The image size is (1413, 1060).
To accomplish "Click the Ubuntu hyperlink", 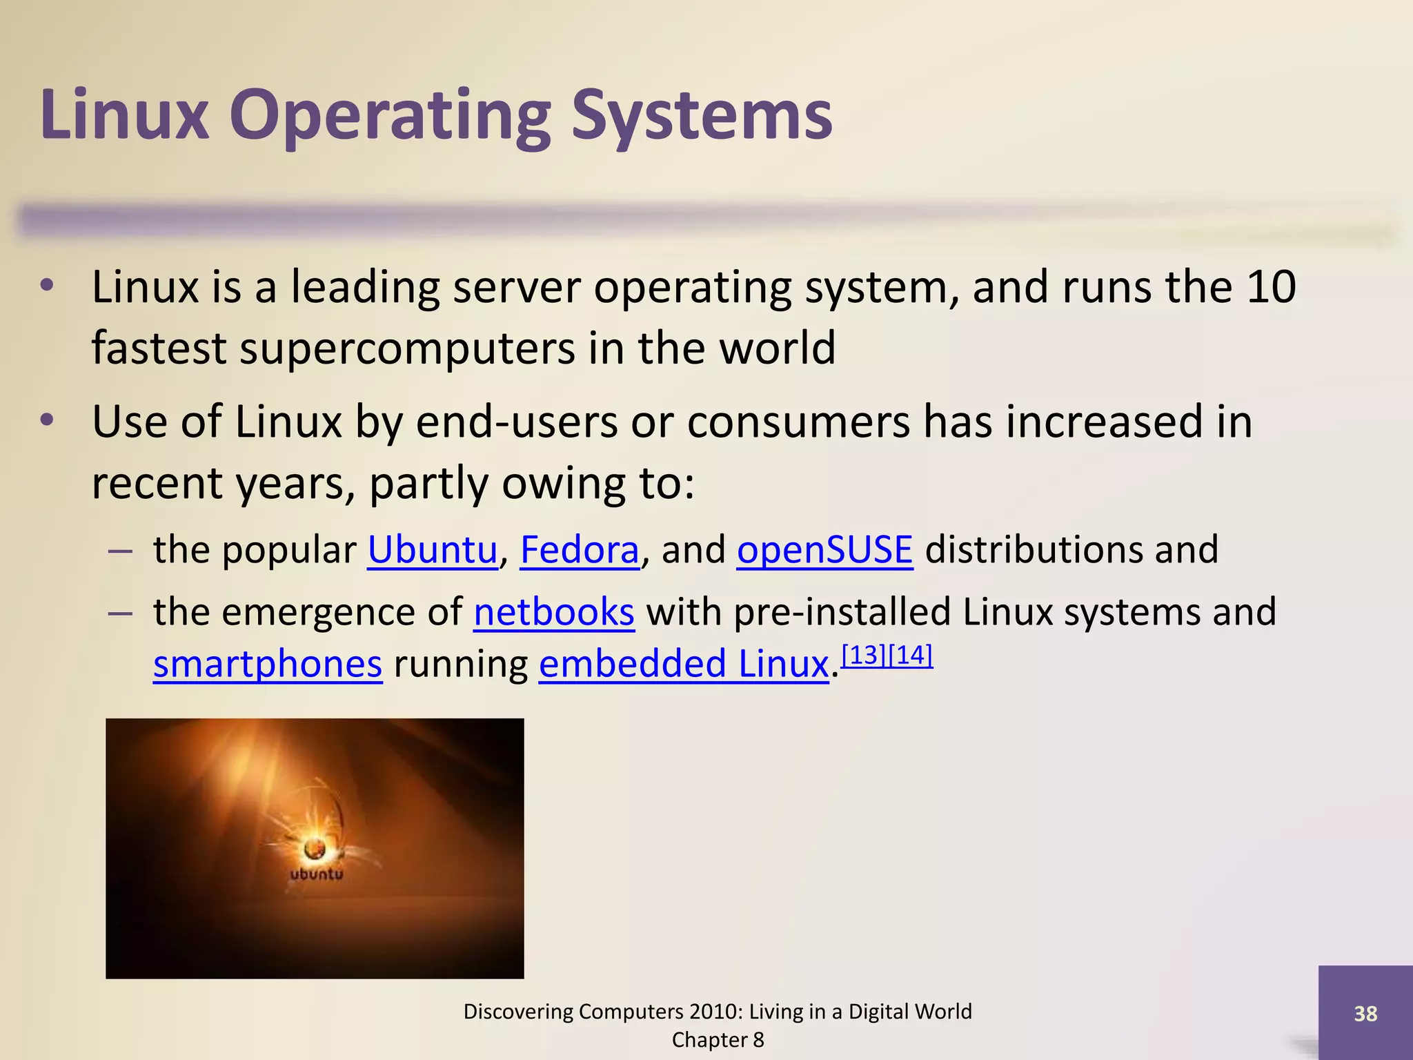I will (432, 550).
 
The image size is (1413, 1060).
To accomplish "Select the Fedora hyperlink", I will (579, 550).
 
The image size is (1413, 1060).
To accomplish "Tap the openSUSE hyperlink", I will (824, 550).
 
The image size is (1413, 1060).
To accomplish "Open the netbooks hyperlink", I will (553, 612).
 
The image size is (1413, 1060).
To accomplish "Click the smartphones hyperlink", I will (268, 664).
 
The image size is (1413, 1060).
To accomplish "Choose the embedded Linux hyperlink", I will (683, 664).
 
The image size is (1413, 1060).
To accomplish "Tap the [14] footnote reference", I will (911, 655).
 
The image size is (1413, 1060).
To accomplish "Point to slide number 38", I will (1365, 1013).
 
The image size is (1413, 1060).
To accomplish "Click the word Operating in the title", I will (390, 116).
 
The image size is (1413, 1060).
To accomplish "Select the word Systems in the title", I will (702, 116).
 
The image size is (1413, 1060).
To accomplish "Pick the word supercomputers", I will (407, 348).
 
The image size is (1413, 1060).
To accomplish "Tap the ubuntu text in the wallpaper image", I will (316, 874).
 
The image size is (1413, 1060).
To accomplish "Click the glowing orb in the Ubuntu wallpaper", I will (315, 848).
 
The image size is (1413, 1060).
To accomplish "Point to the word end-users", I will (517, 422).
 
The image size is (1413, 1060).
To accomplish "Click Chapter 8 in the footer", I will (718, 1040).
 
